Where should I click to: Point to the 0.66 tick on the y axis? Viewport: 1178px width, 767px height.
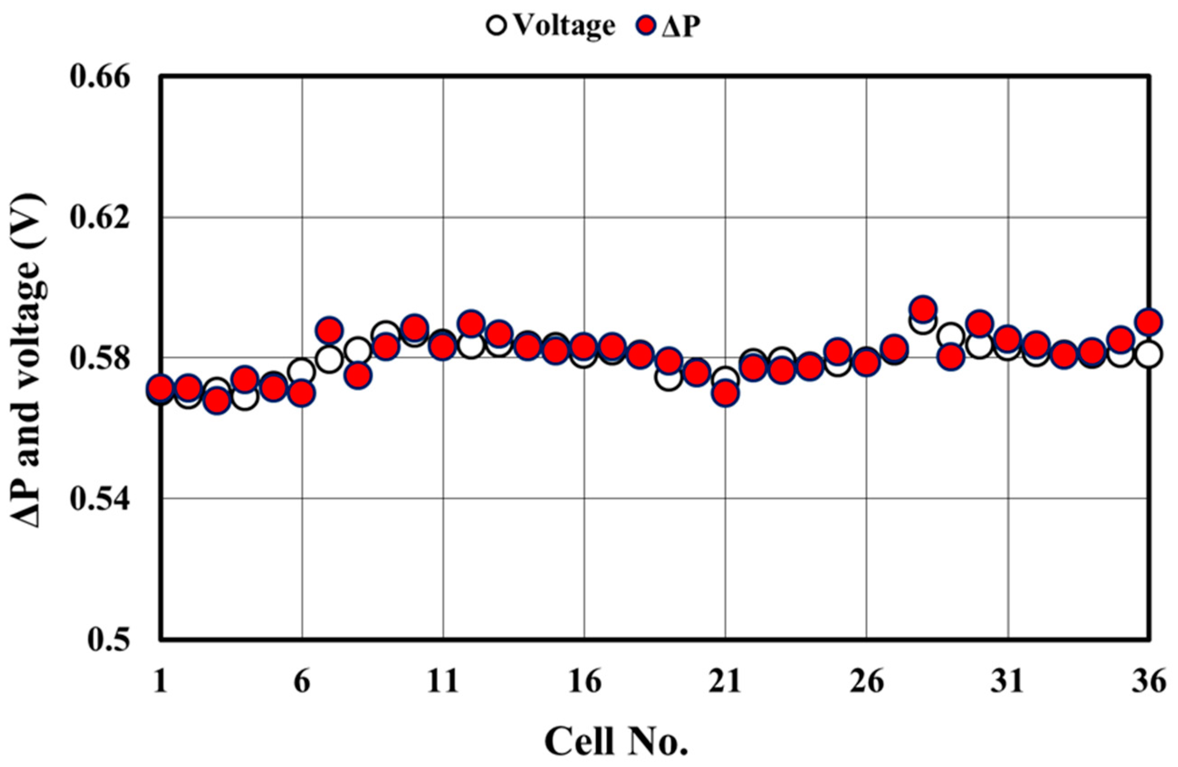(x=100, y=78)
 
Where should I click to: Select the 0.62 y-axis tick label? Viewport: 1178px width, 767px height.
(x=100, y=218)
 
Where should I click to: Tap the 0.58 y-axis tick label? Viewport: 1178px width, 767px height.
(x=100, y=358)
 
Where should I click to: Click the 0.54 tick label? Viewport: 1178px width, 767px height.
(x=100, y=499)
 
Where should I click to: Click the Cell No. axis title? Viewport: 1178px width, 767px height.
(x=616, y=740)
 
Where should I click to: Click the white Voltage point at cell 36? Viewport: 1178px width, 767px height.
(x=1148, y=354)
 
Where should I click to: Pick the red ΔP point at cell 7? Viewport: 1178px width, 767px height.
(x=330, y=330)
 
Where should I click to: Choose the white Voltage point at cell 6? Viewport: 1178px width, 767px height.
(x=302, y=371)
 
